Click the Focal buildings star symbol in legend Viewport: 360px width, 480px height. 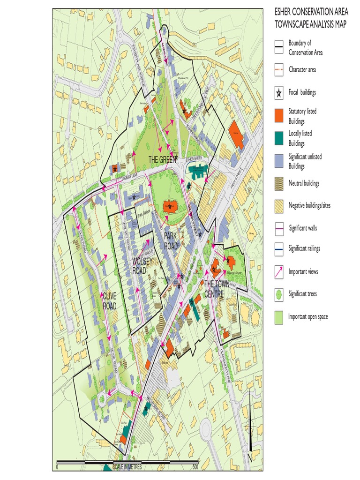[279, 93]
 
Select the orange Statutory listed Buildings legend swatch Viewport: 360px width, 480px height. [279, 115]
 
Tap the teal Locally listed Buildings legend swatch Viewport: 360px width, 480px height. [279, 138]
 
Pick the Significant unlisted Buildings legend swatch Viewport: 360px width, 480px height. [279, 161]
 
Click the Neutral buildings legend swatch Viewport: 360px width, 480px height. [279, 183]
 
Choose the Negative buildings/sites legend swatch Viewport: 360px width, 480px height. [279, 205]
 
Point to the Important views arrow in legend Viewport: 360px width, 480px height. [279, 272]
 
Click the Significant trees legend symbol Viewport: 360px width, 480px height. [279, 294]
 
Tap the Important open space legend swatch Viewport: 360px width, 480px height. [279, 317]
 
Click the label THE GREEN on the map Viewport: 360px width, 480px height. [161, 160]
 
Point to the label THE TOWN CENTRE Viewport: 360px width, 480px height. [215, 288]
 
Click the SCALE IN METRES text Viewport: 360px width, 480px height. [124, 467]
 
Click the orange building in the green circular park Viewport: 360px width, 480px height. [169, 206]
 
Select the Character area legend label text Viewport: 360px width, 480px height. [302, 69]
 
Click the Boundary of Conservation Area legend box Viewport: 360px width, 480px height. [279, 47]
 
